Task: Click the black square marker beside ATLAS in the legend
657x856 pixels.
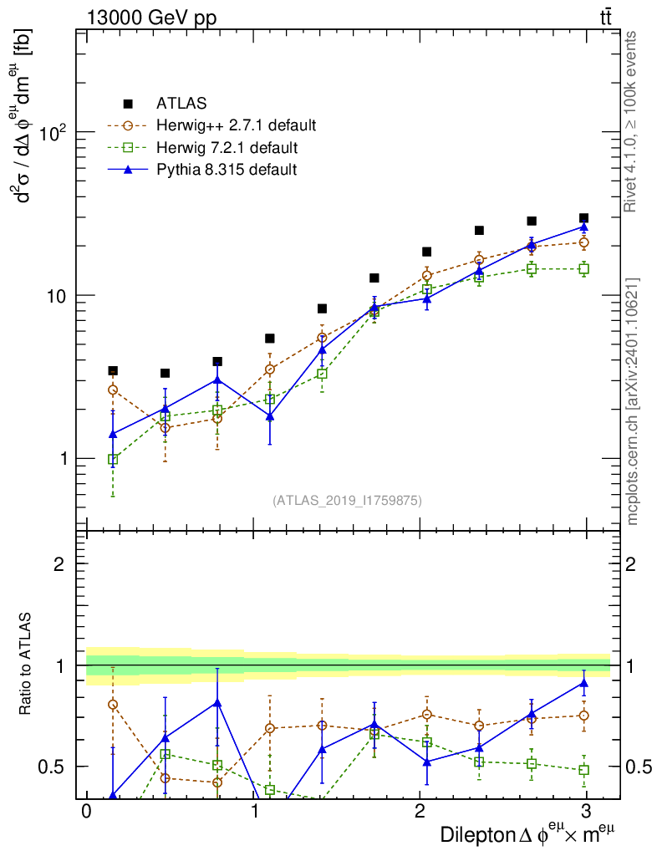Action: (x=128, y=104)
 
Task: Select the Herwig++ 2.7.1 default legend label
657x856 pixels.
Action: (x=236, y=126)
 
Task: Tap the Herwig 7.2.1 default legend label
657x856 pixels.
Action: (x=227, y=148)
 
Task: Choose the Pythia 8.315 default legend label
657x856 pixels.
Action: (x=227, y=170)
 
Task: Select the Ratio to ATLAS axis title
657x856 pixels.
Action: (x=27, y=665)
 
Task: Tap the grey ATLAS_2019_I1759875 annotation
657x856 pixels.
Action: (x=347, y=501)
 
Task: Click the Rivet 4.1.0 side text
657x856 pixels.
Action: (x=633, y=121)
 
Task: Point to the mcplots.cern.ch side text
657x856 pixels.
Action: (x=633, y=401)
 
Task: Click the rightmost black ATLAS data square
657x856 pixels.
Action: (x=583, y=218)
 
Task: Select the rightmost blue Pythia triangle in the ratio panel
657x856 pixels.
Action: (x=583, y=683)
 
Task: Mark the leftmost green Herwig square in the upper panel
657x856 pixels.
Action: (x=113, y=460)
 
